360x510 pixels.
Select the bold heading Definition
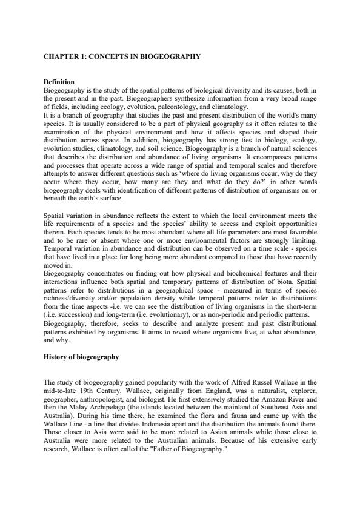59,82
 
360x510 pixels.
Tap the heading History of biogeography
81,357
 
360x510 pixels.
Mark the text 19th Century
92,391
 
